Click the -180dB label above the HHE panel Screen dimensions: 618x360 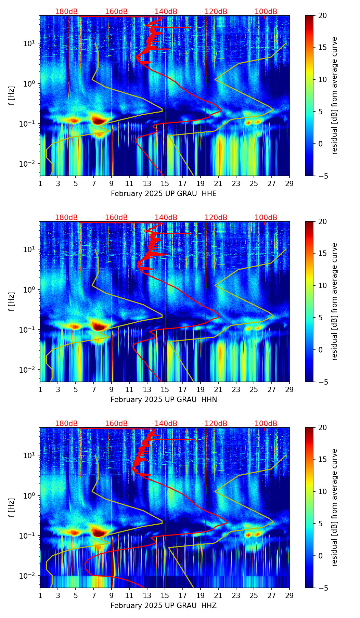65,12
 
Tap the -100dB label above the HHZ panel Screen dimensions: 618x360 265,424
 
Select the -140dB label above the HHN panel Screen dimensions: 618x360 165,218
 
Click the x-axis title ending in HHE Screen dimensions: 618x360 164,194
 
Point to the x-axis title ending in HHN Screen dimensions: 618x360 164,400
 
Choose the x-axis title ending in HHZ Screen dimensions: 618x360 164,606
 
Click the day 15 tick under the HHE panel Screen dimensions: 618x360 165,183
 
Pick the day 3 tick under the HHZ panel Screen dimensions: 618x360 58,595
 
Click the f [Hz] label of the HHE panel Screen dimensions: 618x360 11,96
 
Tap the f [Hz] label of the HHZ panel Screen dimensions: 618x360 11,508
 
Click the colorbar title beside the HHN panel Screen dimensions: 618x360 334,301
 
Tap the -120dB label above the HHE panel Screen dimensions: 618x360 215,12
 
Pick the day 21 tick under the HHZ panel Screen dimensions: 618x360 218,595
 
